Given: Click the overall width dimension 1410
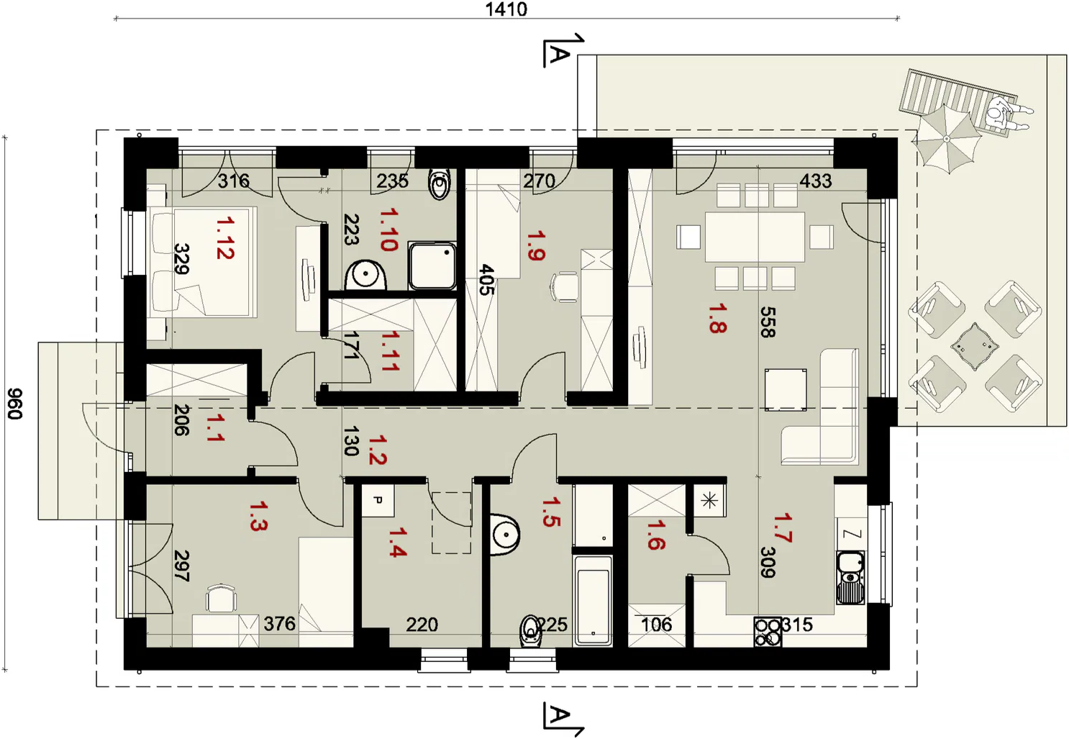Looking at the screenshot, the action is [x=506, y=9].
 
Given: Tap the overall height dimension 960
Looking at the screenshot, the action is [x=15, y=404].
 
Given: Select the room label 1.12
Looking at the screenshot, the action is [x=225, y=237].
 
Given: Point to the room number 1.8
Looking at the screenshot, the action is [x=717, y=319].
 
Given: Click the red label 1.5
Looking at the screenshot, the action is [x=551, y=512].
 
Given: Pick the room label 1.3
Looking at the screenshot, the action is [x=258, y=516].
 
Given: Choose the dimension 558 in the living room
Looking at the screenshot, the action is [x=768, y=322].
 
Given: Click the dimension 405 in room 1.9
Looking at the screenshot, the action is [x=486, y=280].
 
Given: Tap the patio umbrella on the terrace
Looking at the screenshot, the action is [x=947, y=138].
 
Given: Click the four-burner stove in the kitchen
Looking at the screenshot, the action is [x=768, y=632].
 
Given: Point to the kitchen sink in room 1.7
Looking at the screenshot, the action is [x=850, y=578].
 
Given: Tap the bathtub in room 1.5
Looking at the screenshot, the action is [x=593, y=601].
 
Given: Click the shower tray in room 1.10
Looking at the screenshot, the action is [x=432, y=266].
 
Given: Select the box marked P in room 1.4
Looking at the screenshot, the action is [x=378, y=500].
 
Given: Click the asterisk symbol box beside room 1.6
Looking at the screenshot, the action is [x=709, y=500].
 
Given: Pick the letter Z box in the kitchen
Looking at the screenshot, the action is [x=852, y=534].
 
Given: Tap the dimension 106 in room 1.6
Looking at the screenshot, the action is [x=657, y=625].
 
